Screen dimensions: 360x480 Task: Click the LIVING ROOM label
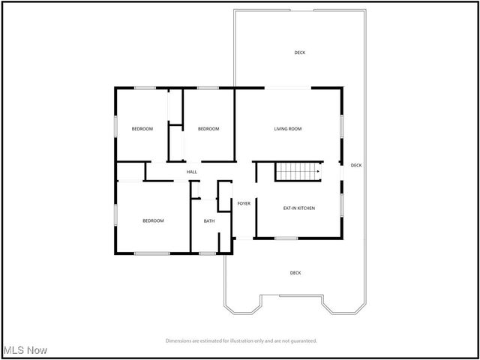point(287,129)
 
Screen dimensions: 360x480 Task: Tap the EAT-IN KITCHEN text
point(298,208)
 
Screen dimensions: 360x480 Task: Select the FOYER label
point(244,203)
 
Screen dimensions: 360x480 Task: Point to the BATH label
point(209,220)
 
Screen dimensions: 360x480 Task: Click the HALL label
point(192,172)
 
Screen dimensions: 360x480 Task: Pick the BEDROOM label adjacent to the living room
point(208,129)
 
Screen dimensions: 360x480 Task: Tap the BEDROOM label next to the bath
point(153,220)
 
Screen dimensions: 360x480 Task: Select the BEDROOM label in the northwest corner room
point(142,129)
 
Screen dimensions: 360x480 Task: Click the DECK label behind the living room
point(300,52)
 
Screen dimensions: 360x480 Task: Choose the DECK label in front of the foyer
point(295,273)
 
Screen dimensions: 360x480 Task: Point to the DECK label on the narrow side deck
point(356,165)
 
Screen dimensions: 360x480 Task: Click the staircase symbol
point(298,171)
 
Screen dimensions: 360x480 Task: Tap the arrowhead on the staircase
point(319,172)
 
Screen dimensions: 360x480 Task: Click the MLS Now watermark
point(25,350)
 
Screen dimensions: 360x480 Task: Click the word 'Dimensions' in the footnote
point(180,340)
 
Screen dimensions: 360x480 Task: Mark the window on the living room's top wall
point(289,88)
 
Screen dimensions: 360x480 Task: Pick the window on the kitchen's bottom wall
point(286,238)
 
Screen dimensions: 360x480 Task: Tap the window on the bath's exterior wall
point(208,253)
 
